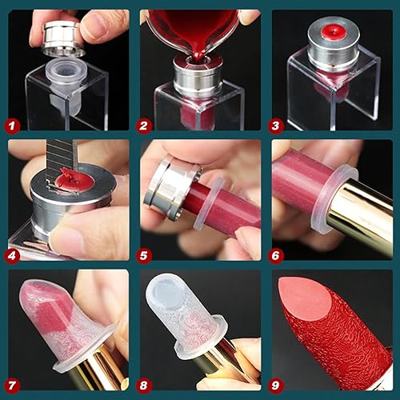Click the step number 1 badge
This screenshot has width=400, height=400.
(x=14, y=125)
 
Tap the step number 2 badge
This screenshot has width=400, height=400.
(x=145, y=125)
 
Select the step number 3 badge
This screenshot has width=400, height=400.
(x=278, y=125)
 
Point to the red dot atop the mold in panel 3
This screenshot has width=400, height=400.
(x=327, y=34)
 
